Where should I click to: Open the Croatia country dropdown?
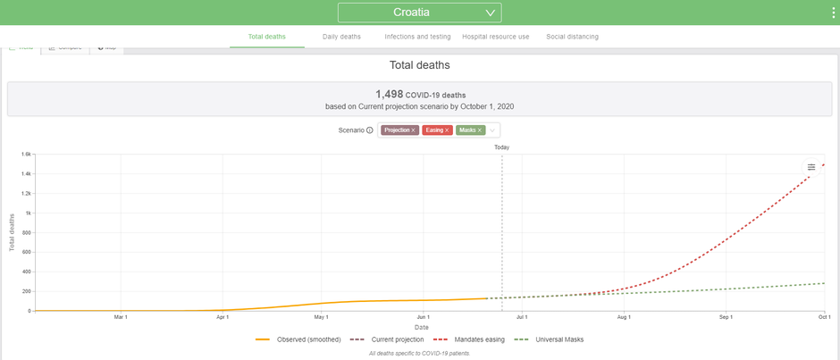[x=419, y=13]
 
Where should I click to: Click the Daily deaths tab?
[x=341, y=37]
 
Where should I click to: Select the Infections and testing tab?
[x=417, y=37]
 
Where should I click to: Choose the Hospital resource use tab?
[x=496, y=37]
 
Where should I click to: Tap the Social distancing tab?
[x=572, y=37]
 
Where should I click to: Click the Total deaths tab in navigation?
[x=267, y=37]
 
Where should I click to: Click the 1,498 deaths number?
[x=390, y=94]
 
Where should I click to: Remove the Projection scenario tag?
[x=414, y=130]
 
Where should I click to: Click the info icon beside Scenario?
[x=370, y=130]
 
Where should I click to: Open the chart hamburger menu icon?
[x=811, y=167]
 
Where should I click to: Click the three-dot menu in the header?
[x=833, y=13]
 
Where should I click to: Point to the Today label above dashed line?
[x=501, y=147]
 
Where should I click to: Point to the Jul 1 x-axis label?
[x=522, y=317]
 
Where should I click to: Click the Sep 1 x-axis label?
[x=726, y=317]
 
